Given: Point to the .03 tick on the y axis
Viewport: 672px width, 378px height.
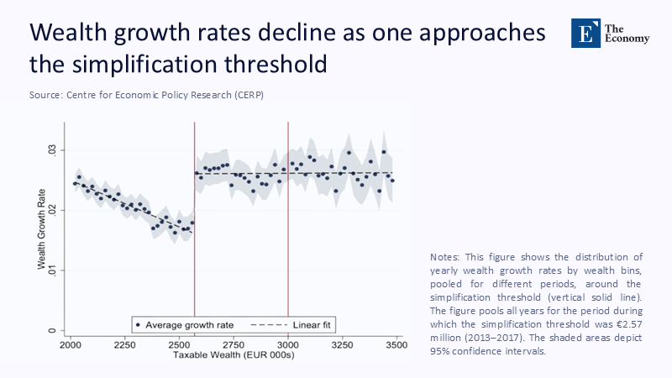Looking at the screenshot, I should [x=50, y=150].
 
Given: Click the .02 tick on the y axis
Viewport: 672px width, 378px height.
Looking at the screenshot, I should [x=50, y=210].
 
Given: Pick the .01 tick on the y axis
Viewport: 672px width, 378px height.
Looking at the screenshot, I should [x=50, y=270].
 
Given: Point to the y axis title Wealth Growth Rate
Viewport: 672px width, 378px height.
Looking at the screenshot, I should [x=39, y=229].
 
